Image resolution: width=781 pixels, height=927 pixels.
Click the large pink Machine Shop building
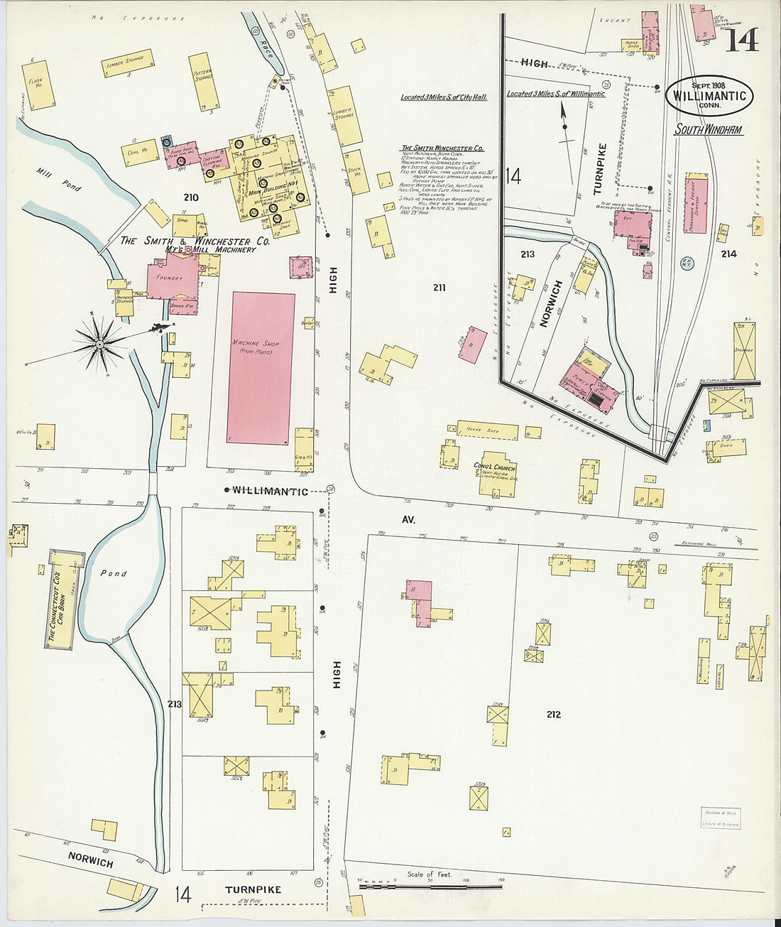tap(261, 368)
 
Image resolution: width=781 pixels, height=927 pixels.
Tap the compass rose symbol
tap(100, 345)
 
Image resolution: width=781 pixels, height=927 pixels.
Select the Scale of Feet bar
tap(430, 887)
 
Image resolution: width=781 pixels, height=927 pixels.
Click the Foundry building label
tap(170, 278)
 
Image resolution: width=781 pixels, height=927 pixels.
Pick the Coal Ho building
tap(139, 152)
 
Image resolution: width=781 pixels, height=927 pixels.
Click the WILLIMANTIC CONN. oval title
tap(709, 96)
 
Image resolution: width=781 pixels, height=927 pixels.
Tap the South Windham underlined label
tap(708, 130)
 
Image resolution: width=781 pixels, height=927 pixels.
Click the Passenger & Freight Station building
tap(696, 203)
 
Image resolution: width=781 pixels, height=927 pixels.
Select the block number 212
tap(553, 714)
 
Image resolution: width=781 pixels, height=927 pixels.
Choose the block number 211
tap(439, 288)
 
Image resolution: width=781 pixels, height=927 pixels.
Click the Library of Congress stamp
tap(721, 818)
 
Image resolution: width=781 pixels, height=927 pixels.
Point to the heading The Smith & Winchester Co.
tap(195, 241)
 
